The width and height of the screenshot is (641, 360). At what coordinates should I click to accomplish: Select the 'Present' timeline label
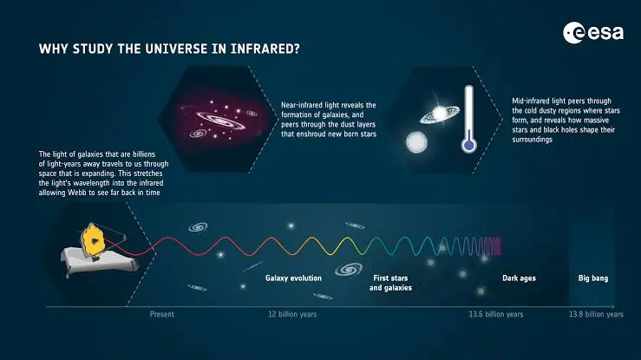162,314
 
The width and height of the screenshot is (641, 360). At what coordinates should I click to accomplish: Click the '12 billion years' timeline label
293,314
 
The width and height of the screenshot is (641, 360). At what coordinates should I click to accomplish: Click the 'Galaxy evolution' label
293,278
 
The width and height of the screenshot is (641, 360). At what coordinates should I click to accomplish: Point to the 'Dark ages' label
518,278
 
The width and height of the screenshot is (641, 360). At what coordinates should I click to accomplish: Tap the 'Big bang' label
594,278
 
